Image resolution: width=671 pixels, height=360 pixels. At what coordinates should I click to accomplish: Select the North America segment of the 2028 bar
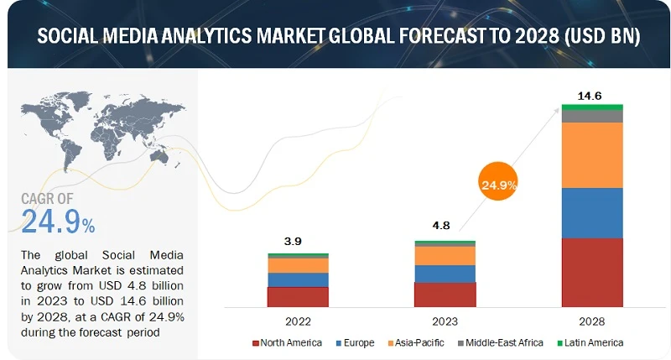tap(592, 272)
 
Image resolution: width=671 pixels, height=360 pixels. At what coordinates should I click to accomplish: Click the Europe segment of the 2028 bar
tap(592, 212)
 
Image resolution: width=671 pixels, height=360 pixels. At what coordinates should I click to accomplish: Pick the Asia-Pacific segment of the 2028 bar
tap(592, 155)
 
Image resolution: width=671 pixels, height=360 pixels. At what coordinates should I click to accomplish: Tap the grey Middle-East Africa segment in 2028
tap(592, 116)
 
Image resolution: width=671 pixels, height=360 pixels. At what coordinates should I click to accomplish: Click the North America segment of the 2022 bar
tap(298, 296)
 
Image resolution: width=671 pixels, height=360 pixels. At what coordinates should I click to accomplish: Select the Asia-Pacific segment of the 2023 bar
tap(445, 255)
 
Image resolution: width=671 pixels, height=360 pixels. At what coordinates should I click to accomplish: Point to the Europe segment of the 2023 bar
tap(445, 274)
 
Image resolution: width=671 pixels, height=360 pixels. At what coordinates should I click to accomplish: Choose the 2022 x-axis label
tap(298, 321)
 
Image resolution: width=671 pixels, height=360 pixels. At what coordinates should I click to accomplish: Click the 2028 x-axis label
tap(592, 321)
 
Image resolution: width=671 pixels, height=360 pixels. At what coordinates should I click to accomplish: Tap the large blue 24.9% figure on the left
tap(57, 223)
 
